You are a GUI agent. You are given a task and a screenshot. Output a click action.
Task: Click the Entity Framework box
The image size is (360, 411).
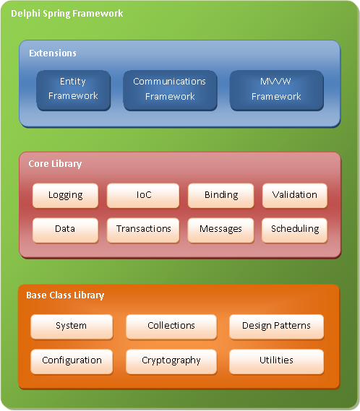click(73, 89)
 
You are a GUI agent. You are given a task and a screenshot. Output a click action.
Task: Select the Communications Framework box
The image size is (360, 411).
click(169, 89)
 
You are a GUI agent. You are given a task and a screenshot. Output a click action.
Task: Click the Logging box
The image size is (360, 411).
click(65, 195)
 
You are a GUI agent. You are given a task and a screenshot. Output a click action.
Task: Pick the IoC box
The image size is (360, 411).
click(143, 195)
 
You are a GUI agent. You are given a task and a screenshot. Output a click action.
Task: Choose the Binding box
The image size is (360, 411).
click(220, 195)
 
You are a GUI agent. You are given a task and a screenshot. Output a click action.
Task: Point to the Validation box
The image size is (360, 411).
click(294, 195)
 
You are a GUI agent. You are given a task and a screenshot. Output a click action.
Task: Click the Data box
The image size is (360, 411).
click(65, 229)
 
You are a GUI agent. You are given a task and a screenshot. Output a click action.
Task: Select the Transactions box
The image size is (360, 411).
click(143, 229)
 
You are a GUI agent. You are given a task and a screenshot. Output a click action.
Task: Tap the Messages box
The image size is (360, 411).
click(220, 229)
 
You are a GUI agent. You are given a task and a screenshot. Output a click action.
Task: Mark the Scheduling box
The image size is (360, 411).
click(294, 229)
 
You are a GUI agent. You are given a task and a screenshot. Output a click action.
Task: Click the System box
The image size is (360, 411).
click(71, 326)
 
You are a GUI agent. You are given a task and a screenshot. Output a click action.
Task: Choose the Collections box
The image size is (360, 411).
click(171, 326)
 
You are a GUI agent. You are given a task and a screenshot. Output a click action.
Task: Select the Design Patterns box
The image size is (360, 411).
click(276, 326)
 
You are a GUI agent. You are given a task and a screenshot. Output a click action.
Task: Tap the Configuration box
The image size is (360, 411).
click(71, 360)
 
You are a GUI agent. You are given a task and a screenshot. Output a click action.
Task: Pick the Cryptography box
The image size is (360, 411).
click(171, 360)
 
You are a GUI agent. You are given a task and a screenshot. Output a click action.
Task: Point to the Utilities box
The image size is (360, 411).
click(276, 360)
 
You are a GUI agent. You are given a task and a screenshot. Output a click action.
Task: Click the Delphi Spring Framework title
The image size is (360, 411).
click(67, 14)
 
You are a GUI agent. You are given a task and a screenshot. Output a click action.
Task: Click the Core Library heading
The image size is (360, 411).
click(55, 164)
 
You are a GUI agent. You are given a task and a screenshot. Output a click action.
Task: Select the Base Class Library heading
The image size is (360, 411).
click(65, 295)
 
